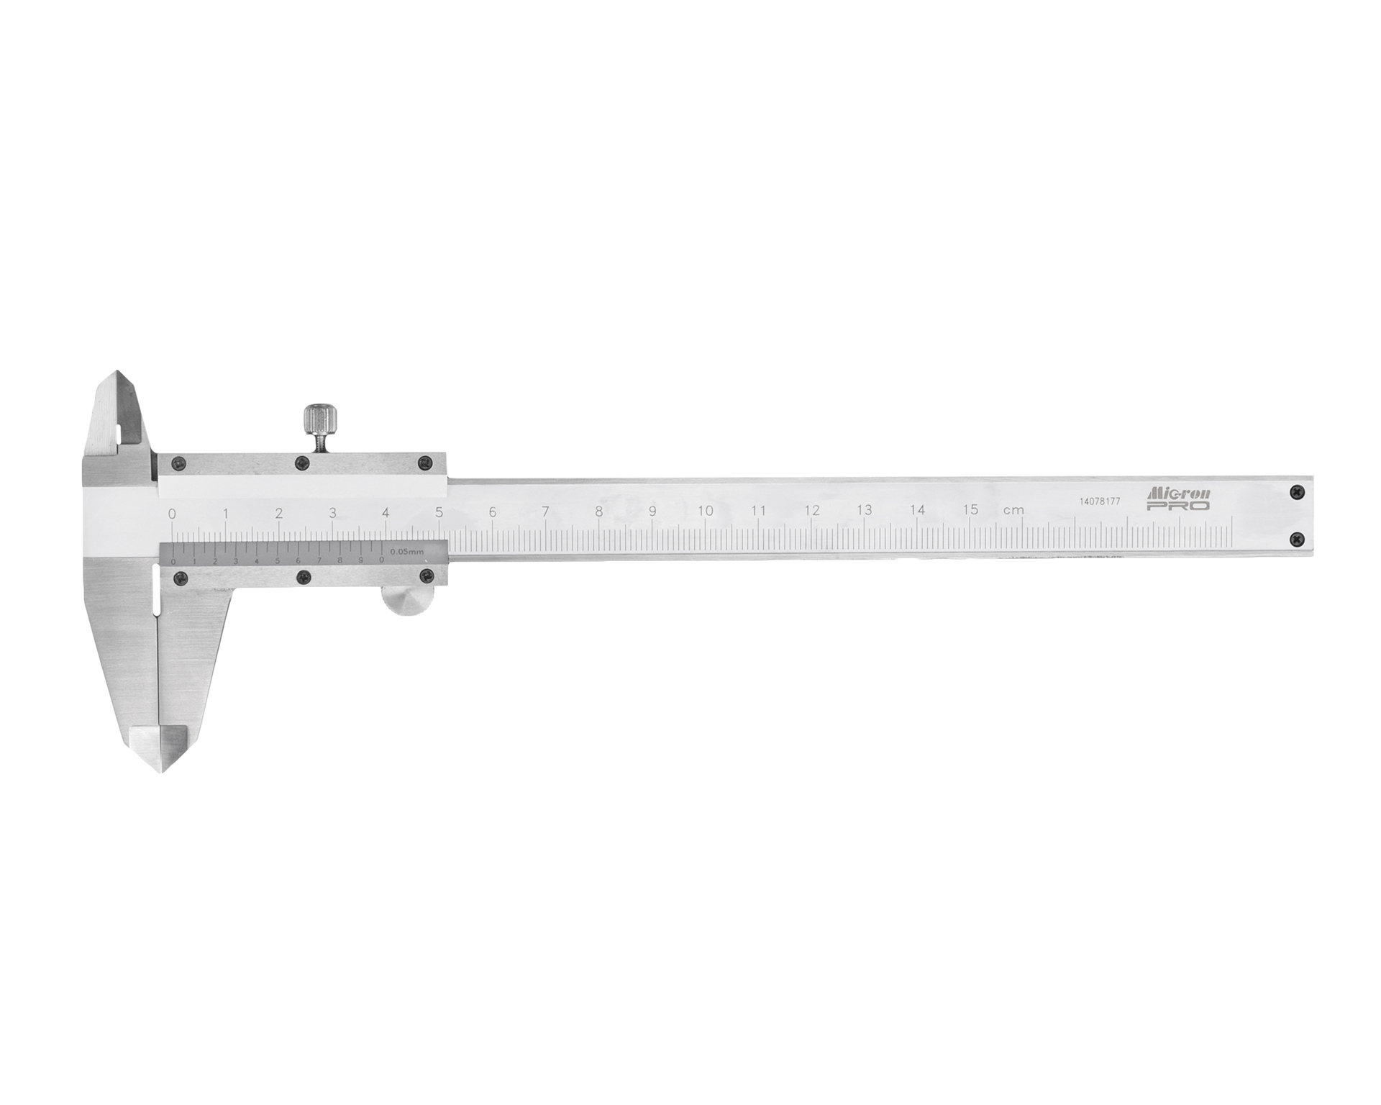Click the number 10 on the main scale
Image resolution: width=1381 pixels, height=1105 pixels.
(x=705, y=510)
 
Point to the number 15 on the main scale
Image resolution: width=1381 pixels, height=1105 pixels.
(x=970, y=509)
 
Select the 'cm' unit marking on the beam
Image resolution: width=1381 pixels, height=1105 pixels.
(x=1013, y=510)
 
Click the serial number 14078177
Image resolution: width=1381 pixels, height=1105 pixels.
(x=1100, y=501)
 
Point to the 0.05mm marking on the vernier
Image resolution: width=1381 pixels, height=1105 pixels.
(x=408, y=552)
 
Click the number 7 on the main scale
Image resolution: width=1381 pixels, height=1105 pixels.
(x=545, y=512)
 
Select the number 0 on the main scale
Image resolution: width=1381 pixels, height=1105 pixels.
(x=171, y=514)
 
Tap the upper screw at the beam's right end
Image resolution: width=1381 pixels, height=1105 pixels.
(x=1296, y=491)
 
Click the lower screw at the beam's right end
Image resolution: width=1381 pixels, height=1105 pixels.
(x=1296, y=537)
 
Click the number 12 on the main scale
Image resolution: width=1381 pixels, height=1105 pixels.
(x=811, y=510)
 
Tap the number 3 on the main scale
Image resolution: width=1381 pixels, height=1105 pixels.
(x=332, y=513)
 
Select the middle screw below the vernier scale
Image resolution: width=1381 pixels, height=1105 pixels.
(x=305, y=576)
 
